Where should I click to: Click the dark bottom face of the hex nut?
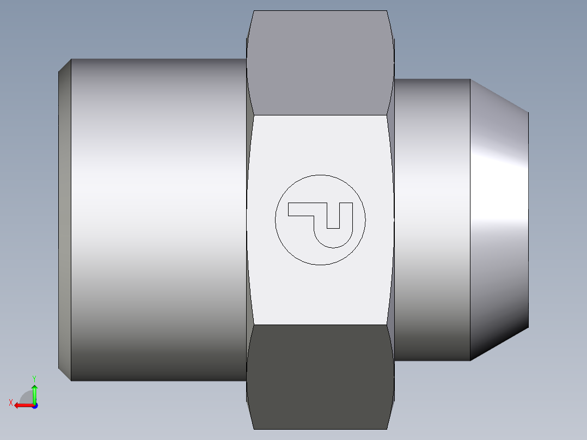320,376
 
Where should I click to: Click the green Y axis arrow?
34,391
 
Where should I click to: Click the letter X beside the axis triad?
10,402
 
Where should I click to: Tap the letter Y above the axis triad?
34,377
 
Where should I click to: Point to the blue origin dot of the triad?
34,405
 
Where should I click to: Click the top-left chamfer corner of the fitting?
65,65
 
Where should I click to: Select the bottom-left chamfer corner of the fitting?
65,374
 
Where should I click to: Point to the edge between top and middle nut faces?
320,115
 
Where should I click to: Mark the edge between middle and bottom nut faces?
320,325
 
